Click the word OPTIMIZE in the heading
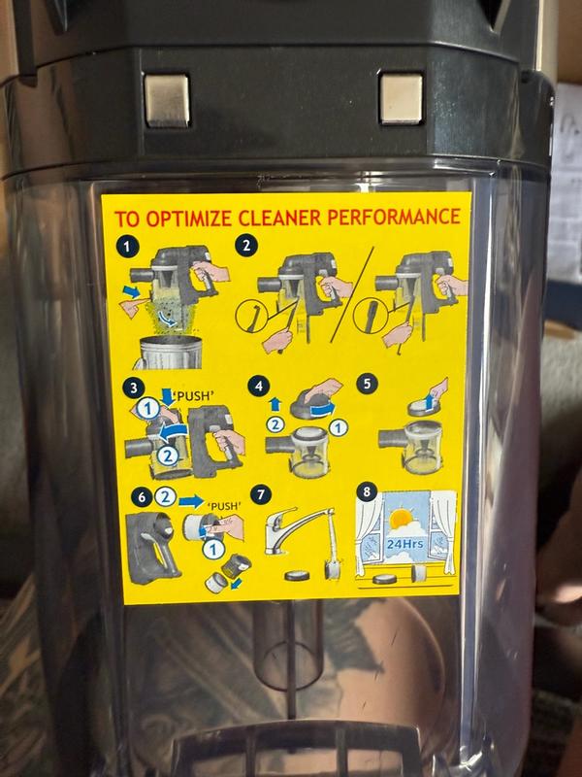point(189,218)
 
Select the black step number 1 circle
point(128,247)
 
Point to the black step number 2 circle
point(246,246)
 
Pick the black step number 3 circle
point(133,388)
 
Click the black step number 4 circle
point(258,386)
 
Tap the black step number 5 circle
point(368,384)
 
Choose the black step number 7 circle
point(261,494)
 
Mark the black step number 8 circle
point(367,491)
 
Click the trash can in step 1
point(170,352)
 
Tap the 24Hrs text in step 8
point(404,544)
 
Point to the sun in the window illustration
point(401,520)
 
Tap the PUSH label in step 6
point(224,506)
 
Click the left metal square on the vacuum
point(167,101)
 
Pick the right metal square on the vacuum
point(402,98)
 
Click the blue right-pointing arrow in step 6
point(191,501)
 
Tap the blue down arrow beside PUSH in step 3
point(167,397)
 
